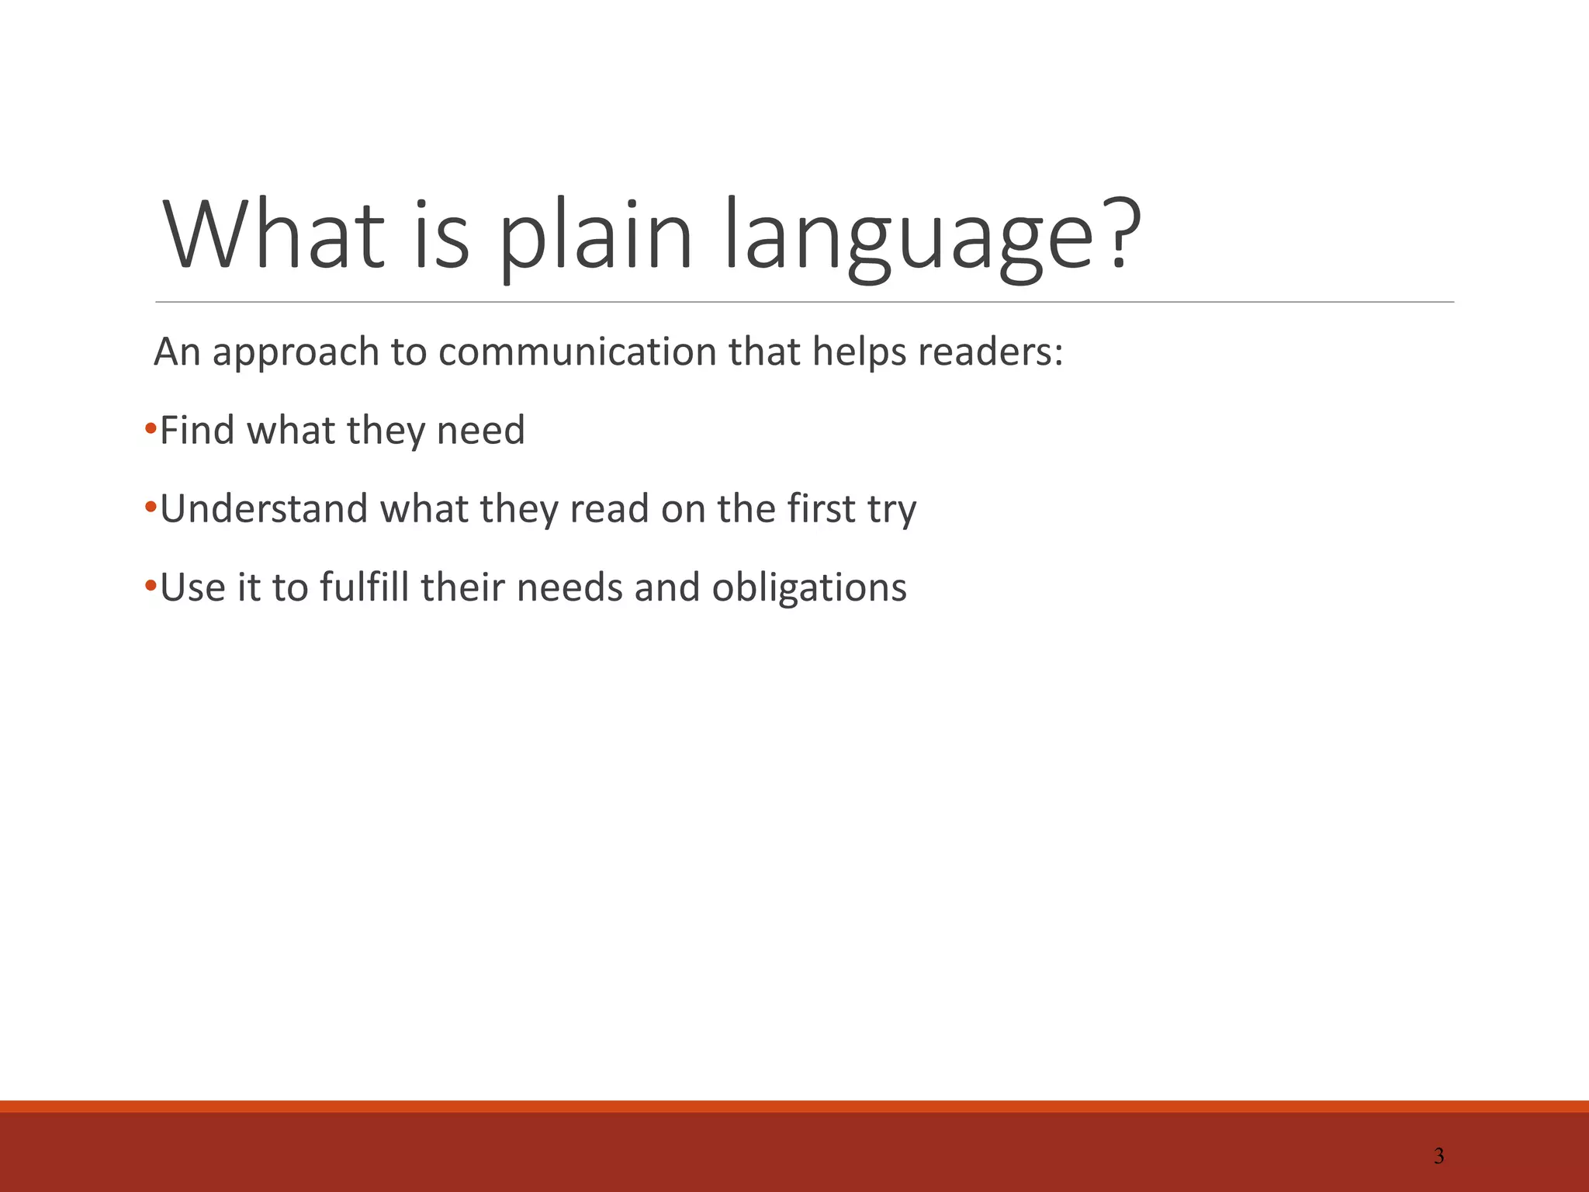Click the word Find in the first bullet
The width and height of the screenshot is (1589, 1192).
[x=197, y=430]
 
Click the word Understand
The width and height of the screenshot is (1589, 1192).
[x=264, y=509]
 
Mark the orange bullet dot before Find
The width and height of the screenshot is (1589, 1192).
[x=151, y=428]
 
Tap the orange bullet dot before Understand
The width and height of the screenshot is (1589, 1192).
[x=151, y=507]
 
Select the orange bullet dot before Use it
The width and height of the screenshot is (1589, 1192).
[x=151, y=585]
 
